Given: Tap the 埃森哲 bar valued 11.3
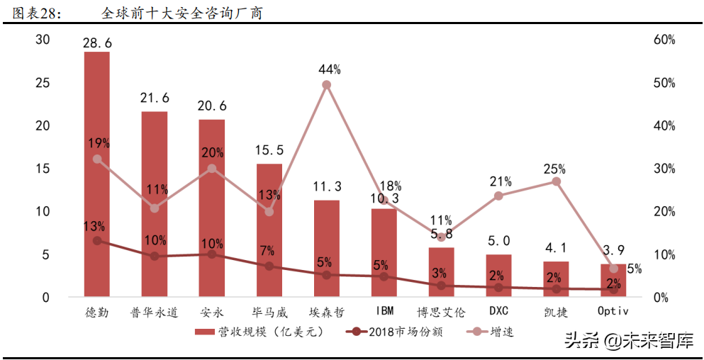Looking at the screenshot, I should (327, 248).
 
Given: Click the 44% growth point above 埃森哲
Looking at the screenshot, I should (327, 85).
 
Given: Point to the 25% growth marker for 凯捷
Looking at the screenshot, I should (557, 181).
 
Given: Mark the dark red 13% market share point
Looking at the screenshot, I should (97, 241).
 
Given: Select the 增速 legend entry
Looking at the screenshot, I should (501, 332).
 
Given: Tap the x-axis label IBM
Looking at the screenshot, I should (384, 312).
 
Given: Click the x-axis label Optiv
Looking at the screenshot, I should (614, 312).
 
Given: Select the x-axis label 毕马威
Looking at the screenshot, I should (269, 312).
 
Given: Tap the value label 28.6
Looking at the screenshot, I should (97, 44).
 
